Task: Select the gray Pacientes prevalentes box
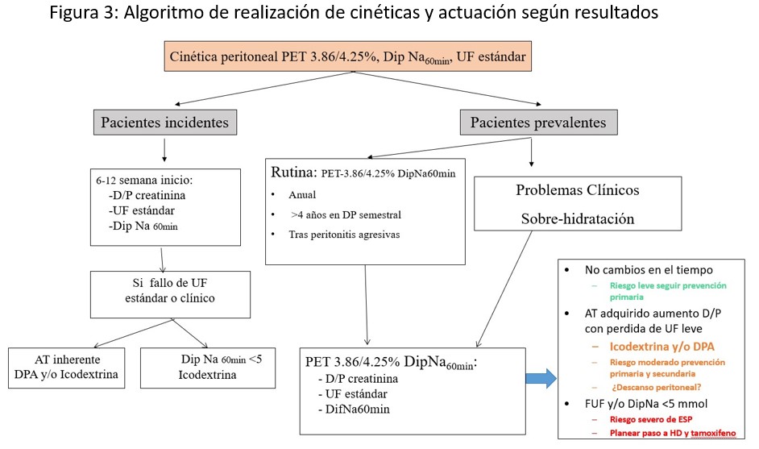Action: click(x=538, y=123)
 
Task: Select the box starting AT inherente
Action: click(x=66, y=367)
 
